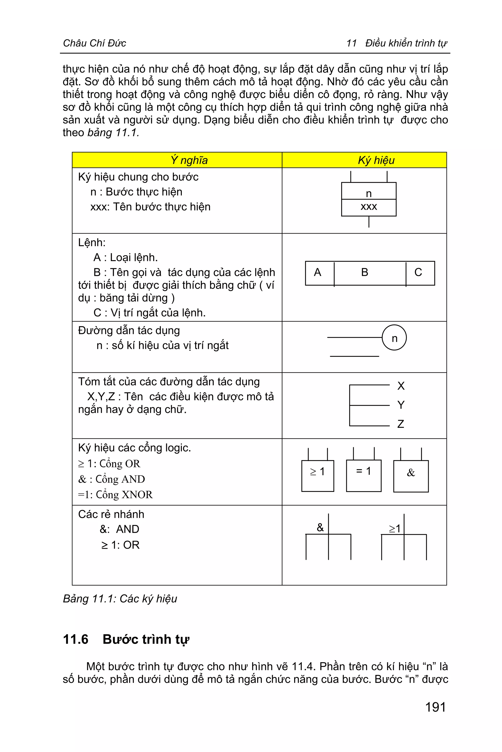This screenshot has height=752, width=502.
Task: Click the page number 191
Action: [435, 707]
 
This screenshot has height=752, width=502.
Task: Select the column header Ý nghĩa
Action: [189, 160]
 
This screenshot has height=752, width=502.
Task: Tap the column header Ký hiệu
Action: [376, 160]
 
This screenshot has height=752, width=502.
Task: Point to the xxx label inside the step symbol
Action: [369, 207]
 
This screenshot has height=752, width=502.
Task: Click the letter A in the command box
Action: [318, 273]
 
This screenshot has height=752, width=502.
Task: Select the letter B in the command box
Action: [365, 273]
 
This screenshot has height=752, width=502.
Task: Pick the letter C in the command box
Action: [418, 273]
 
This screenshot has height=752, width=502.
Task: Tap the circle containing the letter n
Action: [394, 338]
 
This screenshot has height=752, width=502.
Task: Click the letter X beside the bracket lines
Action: [401, 386]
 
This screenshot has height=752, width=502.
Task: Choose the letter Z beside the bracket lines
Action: [401, 424]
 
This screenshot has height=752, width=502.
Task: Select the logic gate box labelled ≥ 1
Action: [318, 476]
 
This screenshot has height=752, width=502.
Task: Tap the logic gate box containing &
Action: [411, 476]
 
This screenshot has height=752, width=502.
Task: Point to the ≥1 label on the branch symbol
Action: [395, 528]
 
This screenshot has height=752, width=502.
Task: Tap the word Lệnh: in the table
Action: [92, 242]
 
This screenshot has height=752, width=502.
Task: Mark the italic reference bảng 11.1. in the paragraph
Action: [113, 133]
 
